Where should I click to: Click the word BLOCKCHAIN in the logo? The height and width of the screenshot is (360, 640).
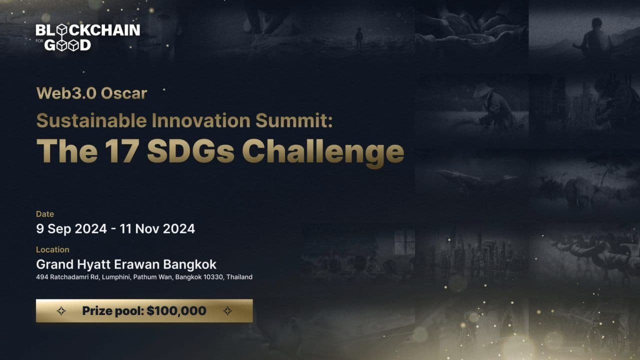click(88, 30)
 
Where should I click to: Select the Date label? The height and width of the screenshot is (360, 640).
click(44, 214)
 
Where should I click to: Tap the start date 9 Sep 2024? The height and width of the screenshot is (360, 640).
click(71, 229)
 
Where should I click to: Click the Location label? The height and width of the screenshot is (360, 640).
click(52, 249)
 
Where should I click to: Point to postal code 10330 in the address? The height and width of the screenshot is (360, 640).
click(213, 277)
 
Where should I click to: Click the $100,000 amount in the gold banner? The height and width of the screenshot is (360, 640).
click(176, 311)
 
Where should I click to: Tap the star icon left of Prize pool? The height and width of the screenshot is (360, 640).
click(61, 311)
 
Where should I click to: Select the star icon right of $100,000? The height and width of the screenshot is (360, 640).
click(227, 311)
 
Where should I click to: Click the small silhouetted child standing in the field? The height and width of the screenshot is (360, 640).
click(359, 38)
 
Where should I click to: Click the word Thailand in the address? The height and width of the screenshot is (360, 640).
click(239, 277)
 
